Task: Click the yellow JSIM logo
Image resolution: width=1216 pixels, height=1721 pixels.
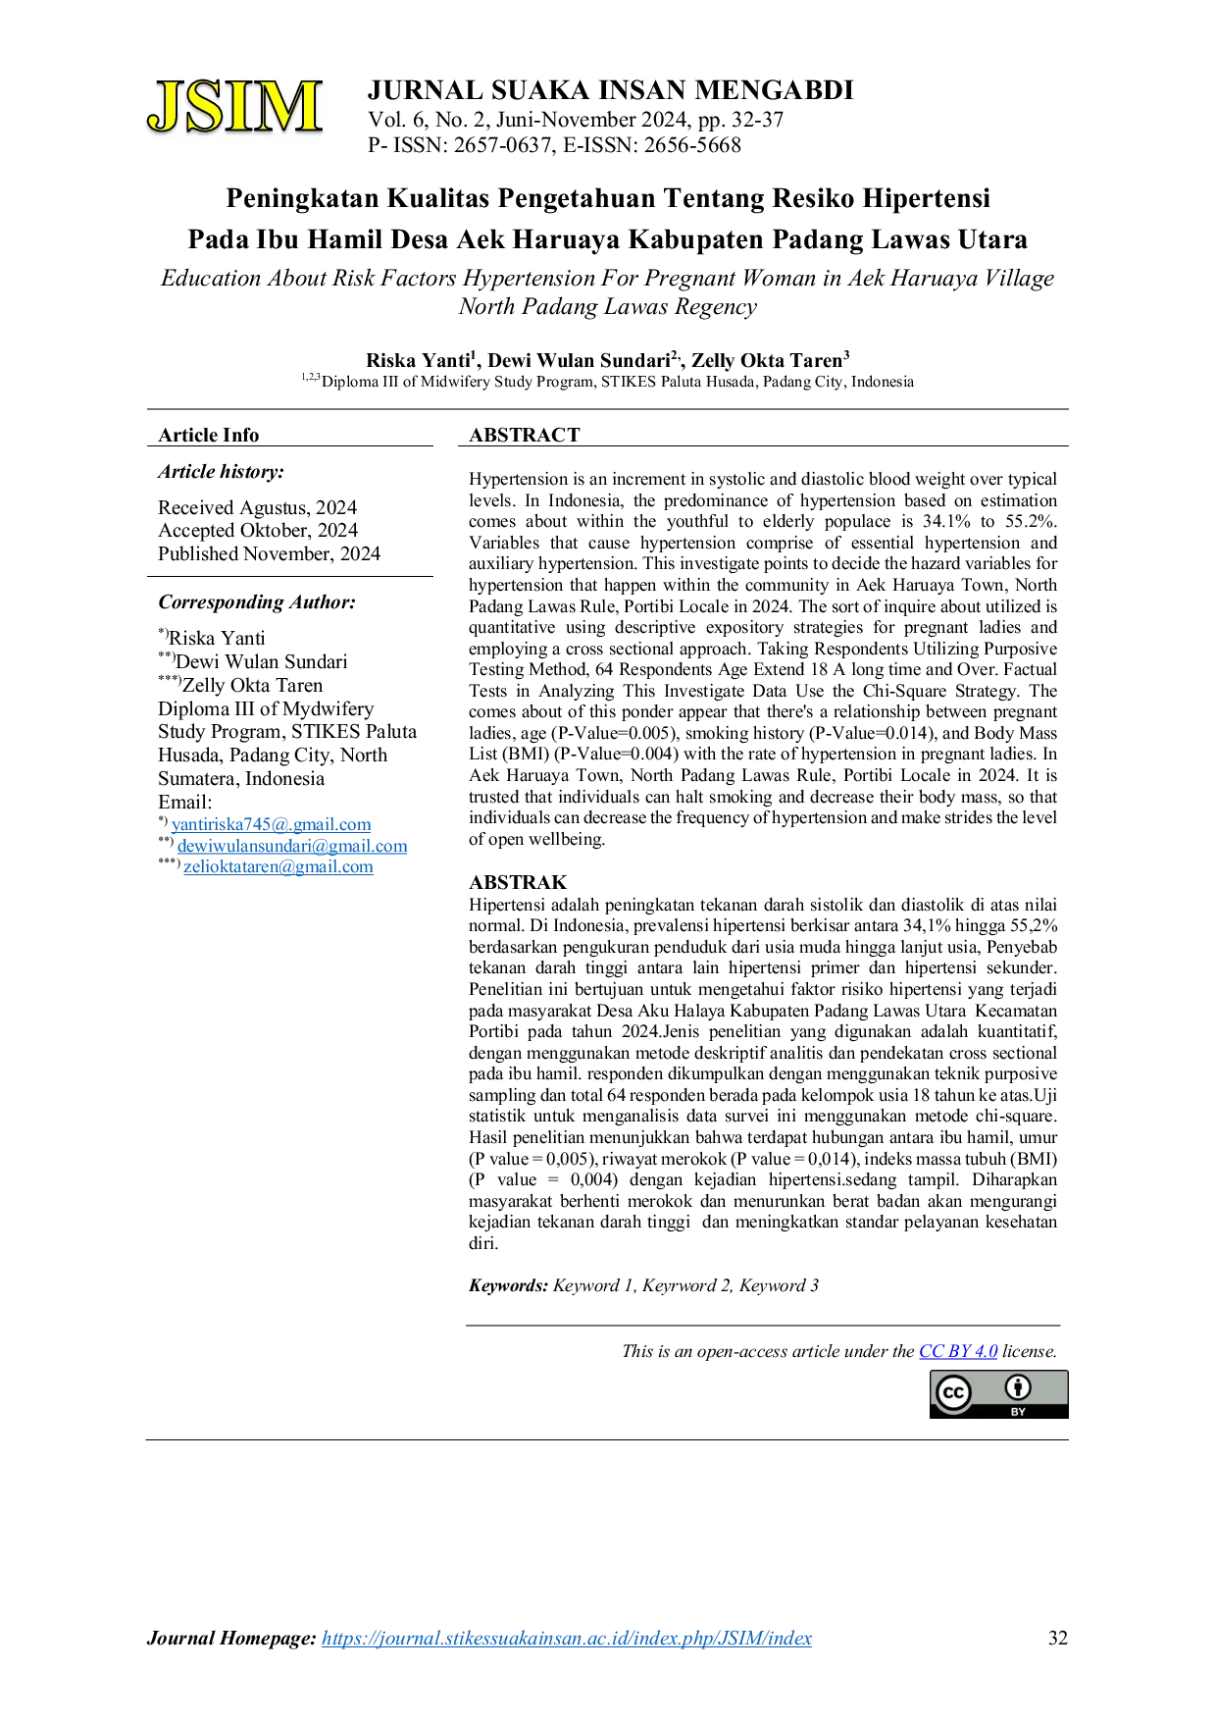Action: [x=234, y=107]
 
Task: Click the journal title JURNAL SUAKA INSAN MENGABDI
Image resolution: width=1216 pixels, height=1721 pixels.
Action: [x=610, y=90]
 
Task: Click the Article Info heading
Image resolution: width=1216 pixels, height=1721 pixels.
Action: [x=209, y=435]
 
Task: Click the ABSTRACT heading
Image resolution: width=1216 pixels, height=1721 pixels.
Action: [x=525, y=435]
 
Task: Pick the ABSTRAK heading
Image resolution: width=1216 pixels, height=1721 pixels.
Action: [x=518, y=882]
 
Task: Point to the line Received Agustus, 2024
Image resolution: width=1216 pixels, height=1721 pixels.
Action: [x=257, y=507]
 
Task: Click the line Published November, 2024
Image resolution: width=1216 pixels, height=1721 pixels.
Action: [x=269, y=553]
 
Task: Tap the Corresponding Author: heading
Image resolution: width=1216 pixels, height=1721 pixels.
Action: [x=257, y=602]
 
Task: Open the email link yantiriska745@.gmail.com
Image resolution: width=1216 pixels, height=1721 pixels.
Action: [x=272, y=824]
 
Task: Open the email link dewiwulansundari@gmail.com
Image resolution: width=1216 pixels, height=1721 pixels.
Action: [x=292, y=846]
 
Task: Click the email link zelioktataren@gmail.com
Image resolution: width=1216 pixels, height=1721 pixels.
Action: [x=279, y=866]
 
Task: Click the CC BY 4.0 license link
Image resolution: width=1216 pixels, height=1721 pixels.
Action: [x=958, y=1351]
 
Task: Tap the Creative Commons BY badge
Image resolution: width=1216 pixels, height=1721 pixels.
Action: [x=999, y=1394]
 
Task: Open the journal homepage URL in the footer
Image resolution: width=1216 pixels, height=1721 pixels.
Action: [x=567, y=1638]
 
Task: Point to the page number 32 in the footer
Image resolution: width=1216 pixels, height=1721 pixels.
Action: [x=1058, y=1638]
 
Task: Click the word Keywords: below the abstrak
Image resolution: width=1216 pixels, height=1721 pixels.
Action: [x=508, y=1285]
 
